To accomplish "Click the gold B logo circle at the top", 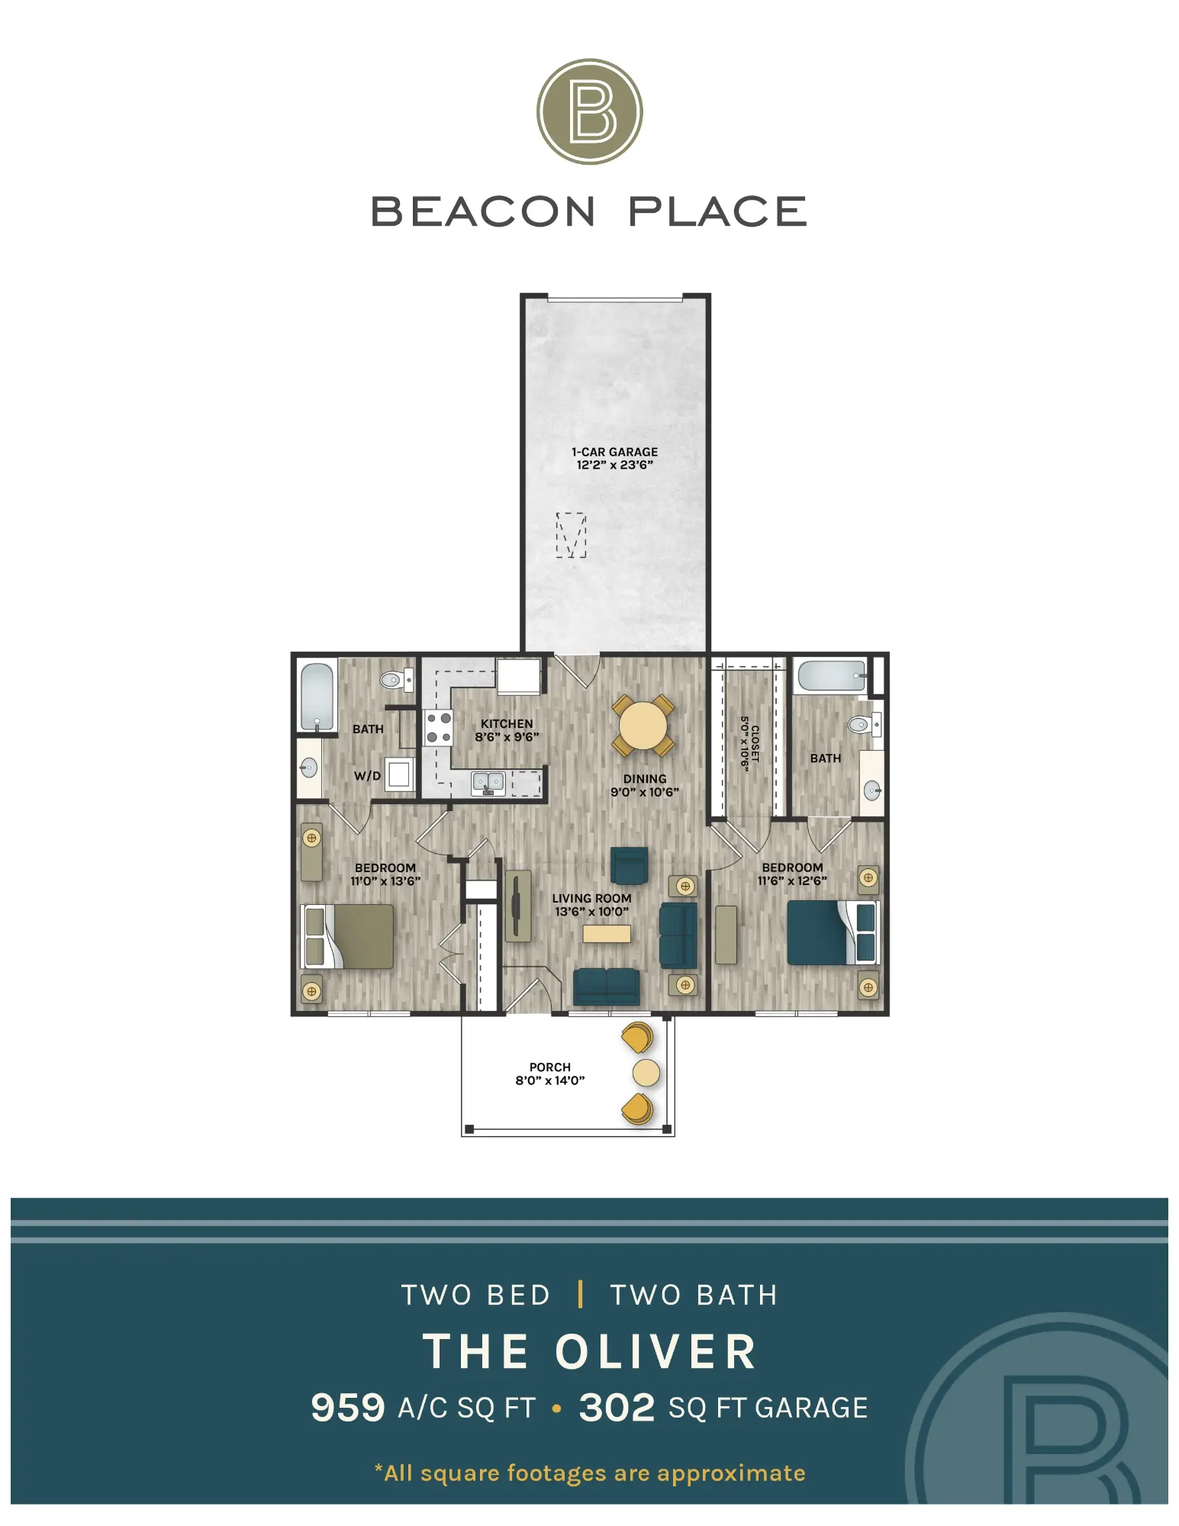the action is tap(589, 111).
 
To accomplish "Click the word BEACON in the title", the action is tap(482, 211).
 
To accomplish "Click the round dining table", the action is tap(643, 725).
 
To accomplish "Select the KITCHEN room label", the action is tap(507, 723).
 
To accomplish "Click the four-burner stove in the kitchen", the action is tap(438, 727).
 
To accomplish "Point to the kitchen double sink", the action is tap(488, 783).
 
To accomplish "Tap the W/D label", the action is tap(367, 775).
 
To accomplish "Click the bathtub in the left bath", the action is tap(317, 697).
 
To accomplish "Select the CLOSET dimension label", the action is tap(750, 743).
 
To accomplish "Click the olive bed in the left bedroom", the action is tap(348, 936).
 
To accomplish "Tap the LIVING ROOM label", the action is tap(591, 898).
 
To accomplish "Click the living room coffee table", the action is tap(607, 933).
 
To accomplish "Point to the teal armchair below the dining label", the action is tap(630, 866).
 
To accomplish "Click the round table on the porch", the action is tap(646, 1073).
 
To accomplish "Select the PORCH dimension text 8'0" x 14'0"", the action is tap(550, 1080).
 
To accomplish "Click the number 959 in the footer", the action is tap(348, 1408).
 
